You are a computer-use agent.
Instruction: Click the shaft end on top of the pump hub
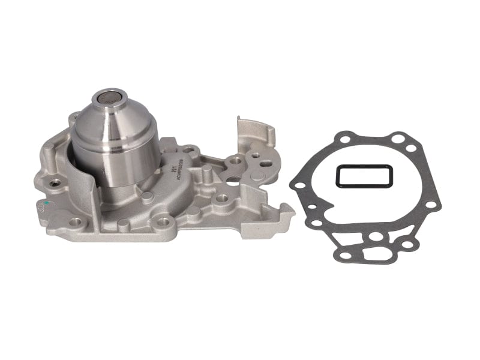(109, 99)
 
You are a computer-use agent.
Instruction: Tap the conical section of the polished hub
(114, 123)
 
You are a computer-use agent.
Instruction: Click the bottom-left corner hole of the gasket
(344, 256)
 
